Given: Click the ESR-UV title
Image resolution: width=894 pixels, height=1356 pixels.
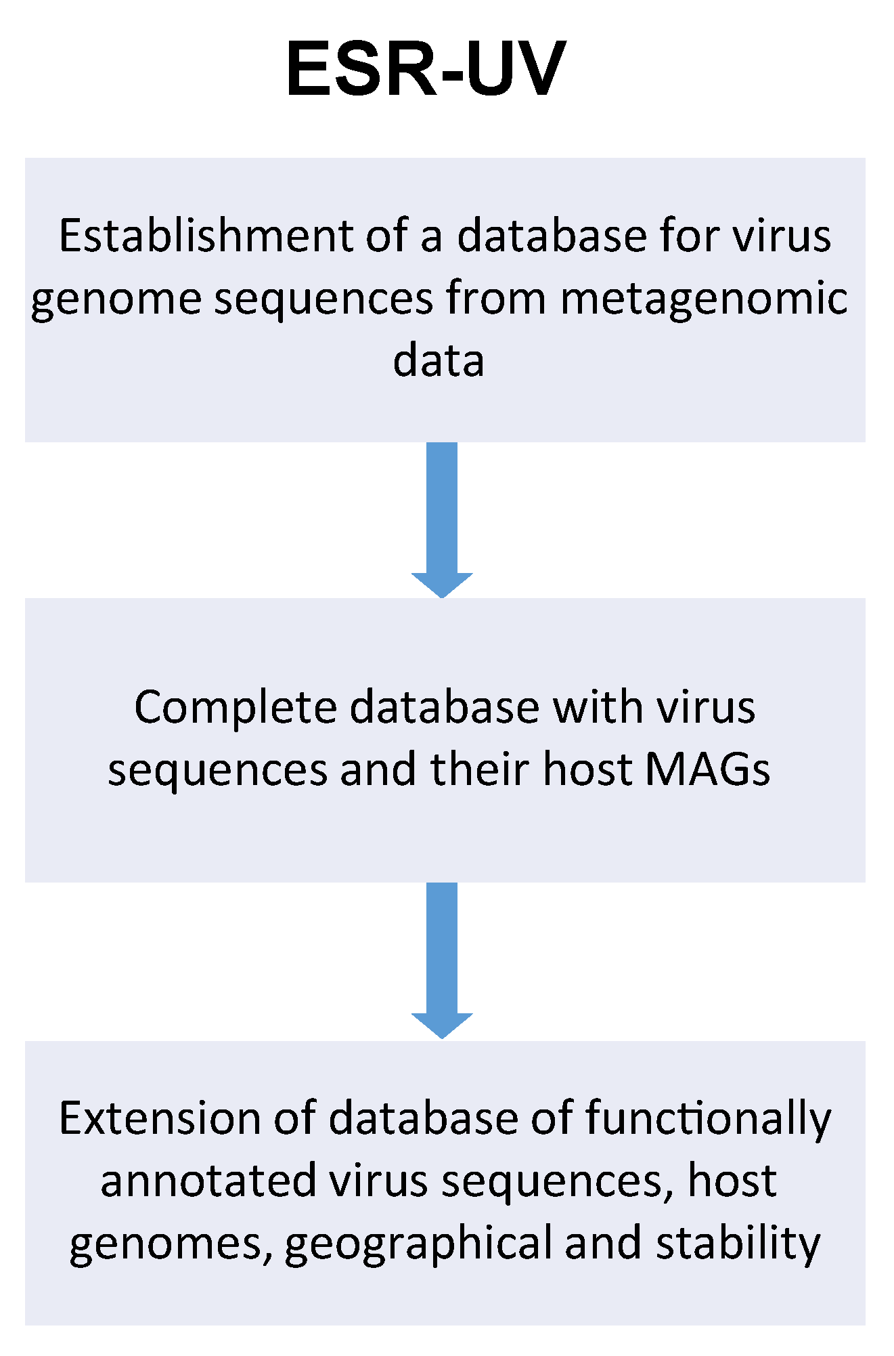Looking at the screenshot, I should click(426, 70).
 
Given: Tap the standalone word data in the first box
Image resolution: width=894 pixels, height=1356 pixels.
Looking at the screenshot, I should click(439, 360).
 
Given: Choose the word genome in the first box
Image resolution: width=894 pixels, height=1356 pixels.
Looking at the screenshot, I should click(116, 299).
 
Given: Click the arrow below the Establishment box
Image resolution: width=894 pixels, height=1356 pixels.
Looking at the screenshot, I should click(442, 518).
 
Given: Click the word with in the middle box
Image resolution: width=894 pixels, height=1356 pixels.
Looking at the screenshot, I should click(599, 707).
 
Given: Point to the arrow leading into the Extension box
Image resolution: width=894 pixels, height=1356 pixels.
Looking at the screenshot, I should click(442, 958).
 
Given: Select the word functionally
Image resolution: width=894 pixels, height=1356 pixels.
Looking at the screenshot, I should click(708, 1119).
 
